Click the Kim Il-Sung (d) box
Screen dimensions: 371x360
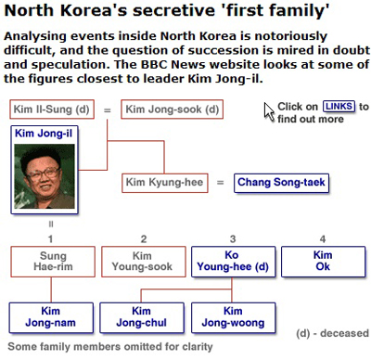(52, 109)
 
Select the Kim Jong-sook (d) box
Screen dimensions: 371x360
(173, 109)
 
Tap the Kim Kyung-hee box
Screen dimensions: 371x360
(165, 183)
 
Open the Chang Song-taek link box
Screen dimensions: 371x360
(281, 183)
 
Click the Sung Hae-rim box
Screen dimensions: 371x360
(53, 262)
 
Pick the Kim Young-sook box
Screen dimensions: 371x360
(144, 262)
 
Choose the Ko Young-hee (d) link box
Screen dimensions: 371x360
(233, 262)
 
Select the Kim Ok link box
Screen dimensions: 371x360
(323, 262)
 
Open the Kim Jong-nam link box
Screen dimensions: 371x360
(51, 317)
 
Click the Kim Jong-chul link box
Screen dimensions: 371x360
(142, 317)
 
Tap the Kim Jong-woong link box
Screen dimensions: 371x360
(233, 317)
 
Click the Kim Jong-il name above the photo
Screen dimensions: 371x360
(44, 134)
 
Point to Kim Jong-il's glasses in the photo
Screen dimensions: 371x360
(44, 173)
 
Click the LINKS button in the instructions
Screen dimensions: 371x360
(339, 107)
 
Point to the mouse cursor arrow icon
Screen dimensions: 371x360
(269, 112)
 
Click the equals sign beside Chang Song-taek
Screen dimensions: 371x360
(220, 183)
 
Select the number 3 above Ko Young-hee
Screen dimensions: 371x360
(233, 238)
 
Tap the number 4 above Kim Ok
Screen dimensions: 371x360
(323, 238)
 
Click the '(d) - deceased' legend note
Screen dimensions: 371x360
(332, 333)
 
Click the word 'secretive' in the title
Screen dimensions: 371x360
(174, 10)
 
